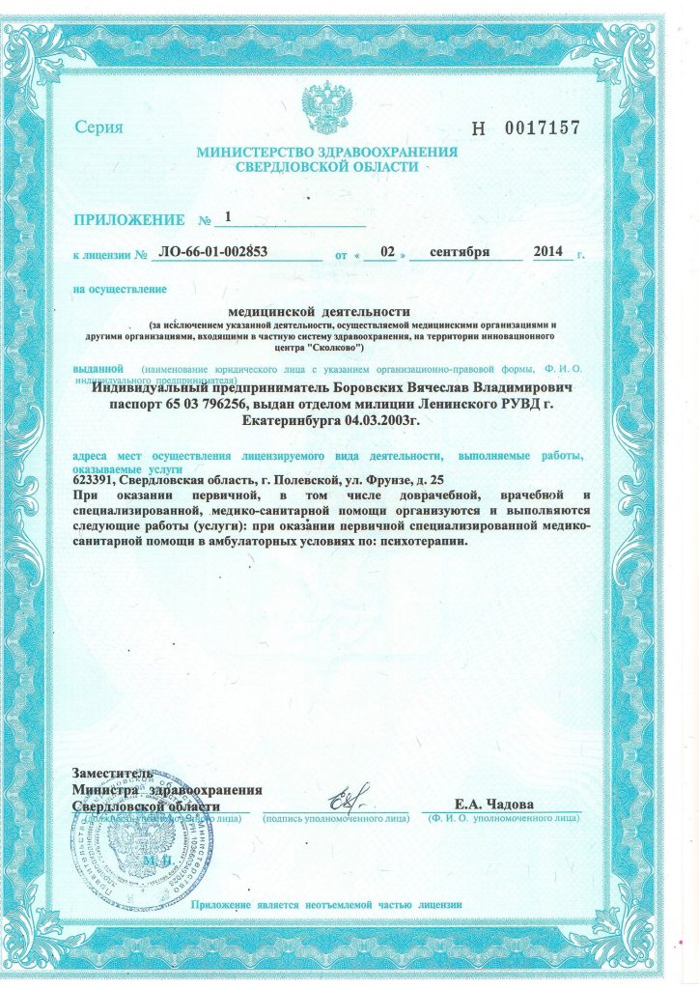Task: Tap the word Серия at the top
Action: click(98, 128)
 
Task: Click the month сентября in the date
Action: click(460, 253)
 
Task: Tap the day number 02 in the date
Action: click(387, 253)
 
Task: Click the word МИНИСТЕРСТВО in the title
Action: click(260, 152)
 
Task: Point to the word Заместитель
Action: click(113, 775)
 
